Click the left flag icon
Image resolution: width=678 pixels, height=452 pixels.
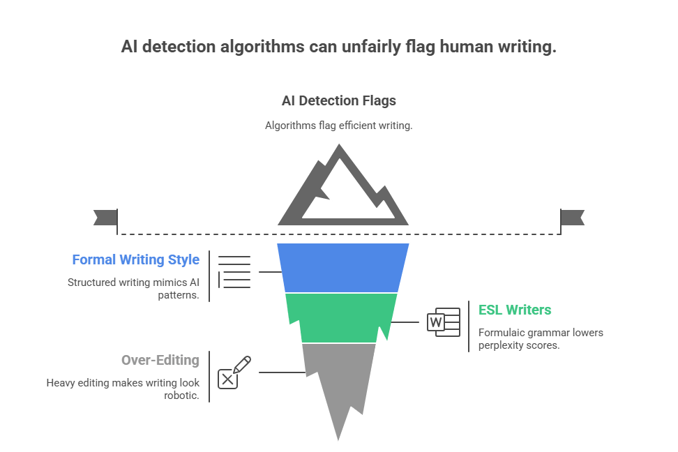(x=106, y=218)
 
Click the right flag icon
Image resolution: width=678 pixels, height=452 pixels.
(x=572, y=218)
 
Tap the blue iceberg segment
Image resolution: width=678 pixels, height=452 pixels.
(x=343, y=268)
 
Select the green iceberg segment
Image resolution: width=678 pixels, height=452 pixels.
(x=342, y=318)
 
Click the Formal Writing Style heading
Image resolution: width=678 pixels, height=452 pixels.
(x=136, y=259)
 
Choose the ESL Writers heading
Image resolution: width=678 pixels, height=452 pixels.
(x=515, y=310)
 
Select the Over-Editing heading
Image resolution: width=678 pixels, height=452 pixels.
(x=160, y=360)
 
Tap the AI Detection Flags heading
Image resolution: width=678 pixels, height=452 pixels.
(x=339, y=100)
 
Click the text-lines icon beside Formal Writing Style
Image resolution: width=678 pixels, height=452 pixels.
(x=234, y=271)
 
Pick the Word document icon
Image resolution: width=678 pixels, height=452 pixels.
(x=444, y=322)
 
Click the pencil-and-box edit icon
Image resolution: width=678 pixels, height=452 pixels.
(x=234, y=372)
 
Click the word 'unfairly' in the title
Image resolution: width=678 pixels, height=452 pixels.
(x=371, y=47)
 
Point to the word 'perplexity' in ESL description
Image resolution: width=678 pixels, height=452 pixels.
(x=499, y=345)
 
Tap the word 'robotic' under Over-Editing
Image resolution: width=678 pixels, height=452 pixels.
(x=180, y=395)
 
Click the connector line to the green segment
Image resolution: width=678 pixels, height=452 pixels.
(x=405, y=322)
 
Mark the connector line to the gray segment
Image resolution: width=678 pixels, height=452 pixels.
(x=282, y=372)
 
